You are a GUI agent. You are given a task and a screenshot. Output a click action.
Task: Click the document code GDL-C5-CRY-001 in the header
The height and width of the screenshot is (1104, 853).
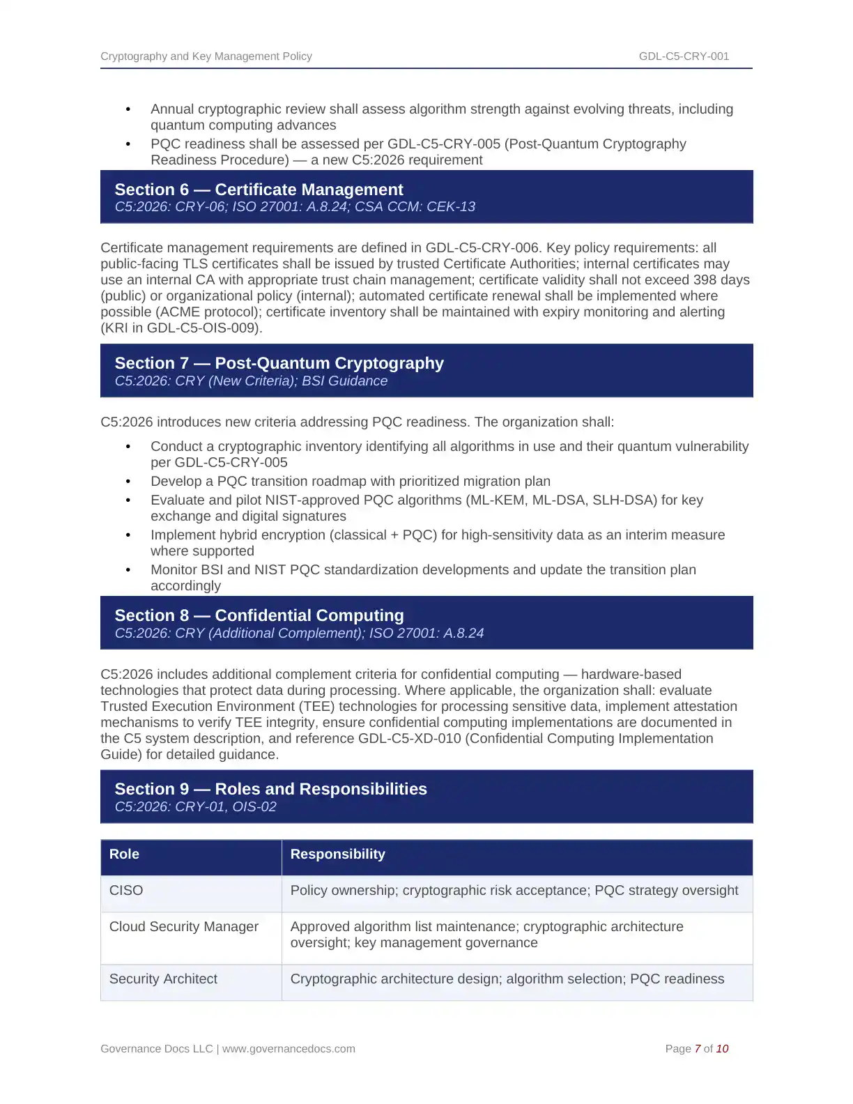[684, 56]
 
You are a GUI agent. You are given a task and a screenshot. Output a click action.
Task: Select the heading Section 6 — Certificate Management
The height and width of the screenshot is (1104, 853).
[259, 190]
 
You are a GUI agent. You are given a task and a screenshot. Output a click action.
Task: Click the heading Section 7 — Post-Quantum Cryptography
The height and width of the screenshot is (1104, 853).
[279, 363]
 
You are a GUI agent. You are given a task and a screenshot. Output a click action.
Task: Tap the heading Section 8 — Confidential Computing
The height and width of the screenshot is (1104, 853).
[259, 615]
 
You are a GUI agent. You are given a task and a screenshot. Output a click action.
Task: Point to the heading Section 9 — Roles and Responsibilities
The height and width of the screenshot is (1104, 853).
[270, 789]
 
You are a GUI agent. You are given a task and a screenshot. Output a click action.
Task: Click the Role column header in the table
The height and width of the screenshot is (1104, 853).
[124, 854]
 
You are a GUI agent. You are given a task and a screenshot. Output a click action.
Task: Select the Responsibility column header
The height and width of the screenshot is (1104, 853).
[337, 854]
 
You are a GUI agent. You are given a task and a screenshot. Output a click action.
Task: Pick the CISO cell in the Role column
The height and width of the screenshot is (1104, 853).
[126, 891]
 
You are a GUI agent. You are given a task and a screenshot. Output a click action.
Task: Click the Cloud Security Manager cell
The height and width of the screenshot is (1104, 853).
[184, 927]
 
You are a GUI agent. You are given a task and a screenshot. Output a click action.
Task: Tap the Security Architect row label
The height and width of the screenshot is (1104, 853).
[163, 979]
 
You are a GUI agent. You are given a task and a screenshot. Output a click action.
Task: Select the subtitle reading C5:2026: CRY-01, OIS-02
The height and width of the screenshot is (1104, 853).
[195, 807]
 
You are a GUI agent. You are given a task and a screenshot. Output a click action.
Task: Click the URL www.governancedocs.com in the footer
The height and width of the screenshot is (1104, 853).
[289, 1049]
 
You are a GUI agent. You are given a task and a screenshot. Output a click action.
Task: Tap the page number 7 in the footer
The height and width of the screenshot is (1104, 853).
[698, 1049]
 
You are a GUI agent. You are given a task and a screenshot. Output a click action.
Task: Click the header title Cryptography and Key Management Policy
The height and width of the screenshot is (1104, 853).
[206, 56]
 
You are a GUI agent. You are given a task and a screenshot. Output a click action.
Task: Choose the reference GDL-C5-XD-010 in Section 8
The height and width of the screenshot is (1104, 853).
[410, 739]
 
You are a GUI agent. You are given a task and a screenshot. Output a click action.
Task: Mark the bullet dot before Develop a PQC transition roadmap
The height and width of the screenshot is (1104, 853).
[128, 482]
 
